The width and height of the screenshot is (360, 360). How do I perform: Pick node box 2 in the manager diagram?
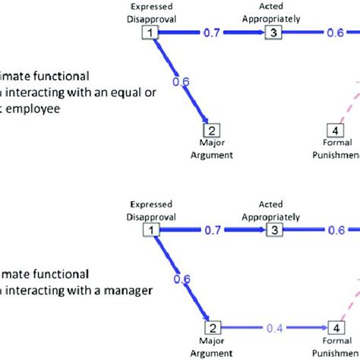click(213, 328)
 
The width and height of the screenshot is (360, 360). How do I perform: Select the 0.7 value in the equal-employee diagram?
click(212, 33)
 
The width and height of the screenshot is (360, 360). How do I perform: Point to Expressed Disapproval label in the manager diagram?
click(151, 210)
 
